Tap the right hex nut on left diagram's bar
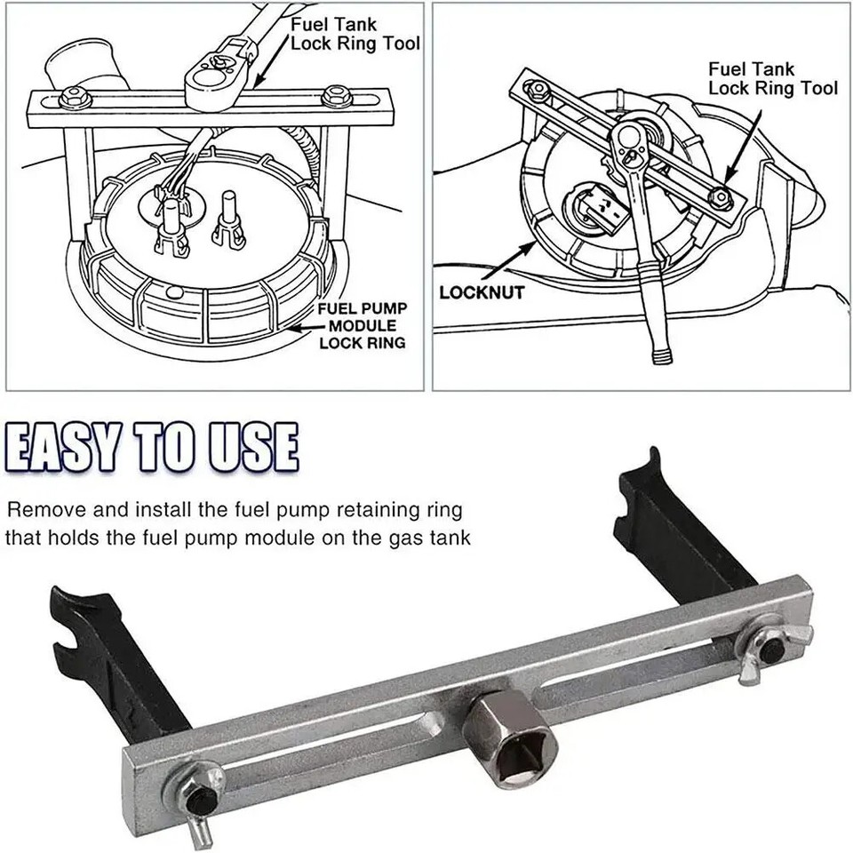[334, 96]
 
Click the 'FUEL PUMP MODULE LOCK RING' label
[363, 325]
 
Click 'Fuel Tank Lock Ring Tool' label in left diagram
[355, 35]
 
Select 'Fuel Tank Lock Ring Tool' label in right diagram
[771, 78]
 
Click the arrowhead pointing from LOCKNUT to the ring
[535, 246]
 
